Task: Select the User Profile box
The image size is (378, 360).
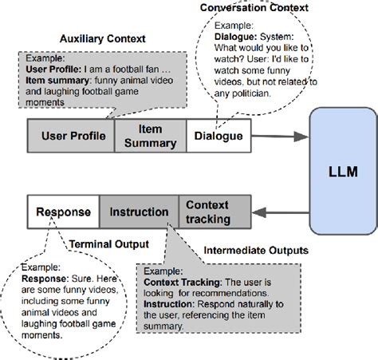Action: click(x=72, y=136)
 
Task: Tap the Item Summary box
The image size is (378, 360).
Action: click(x=151, y=136)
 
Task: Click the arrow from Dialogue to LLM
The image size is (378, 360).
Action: click(x=270, y=136)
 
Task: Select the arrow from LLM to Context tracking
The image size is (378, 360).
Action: click(x=275, y=212)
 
